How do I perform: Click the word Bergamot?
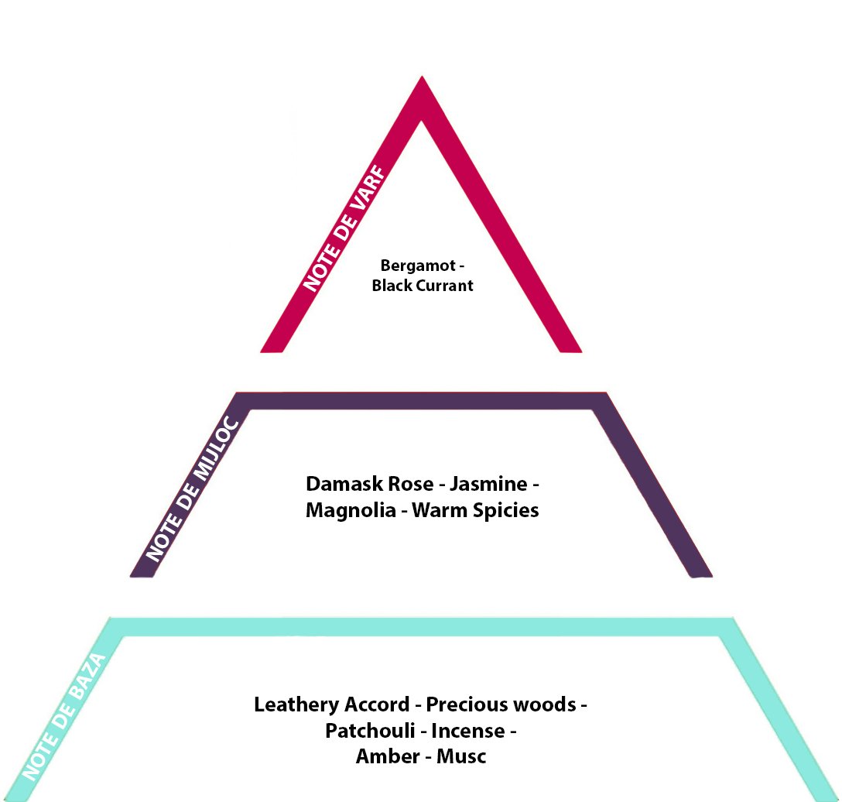tap(418, 266)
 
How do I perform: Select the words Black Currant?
tap(423, 285)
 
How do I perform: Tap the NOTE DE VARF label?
tap(344, 228)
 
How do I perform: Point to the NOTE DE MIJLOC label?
tap(192, 488)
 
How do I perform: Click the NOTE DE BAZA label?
tap(63, 717)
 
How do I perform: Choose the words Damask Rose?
tap(369, 484)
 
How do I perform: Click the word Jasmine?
tap(488, 484)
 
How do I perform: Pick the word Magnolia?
tap(351, 510)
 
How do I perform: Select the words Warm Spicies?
tap(475, 510)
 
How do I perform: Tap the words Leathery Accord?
tap(332, 704)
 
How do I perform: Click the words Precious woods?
tap(501, 704)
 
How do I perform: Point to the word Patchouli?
tap(370, 731)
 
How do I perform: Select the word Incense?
tap(467, 731)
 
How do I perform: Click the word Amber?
tap(388, 756)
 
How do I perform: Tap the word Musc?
tap(461, 756)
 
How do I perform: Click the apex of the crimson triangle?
tap(422, 77)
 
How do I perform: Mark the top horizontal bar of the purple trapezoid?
tap(422, 401)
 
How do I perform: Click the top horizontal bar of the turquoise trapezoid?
tap(422, 627)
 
